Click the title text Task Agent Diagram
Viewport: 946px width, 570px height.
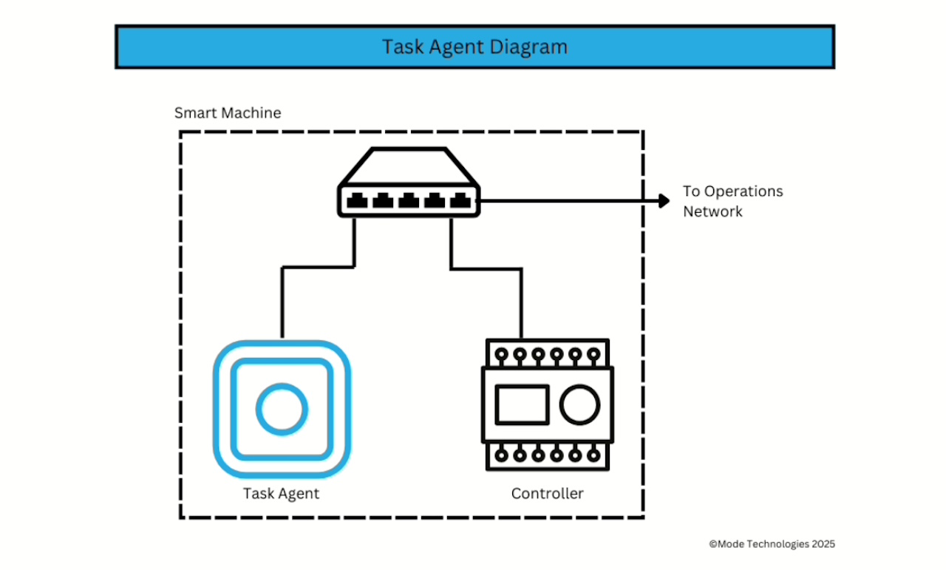(474, 47)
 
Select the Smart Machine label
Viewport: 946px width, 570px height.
(228, 113)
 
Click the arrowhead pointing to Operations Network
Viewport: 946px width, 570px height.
(663, 200)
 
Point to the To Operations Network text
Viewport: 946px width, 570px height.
(732, 201)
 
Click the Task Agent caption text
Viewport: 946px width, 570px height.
(281, 493)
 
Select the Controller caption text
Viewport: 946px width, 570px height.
(547, 493)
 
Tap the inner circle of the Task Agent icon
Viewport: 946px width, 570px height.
(281, 409)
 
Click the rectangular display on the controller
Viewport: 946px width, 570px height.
(521, 405)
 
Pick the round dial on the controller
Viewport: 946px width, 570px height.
(580, 405)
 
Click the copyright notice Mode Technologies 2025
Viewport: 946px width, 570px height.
(772, 543)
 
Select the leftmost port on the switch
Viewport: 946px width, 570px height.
(358, 200)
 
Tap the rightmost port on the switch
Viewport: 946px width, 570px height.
(460, 200)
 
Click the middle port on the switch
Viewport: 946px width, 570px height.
(409, 200)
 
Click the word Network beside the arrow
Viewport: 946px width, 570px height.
(712, 211)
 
